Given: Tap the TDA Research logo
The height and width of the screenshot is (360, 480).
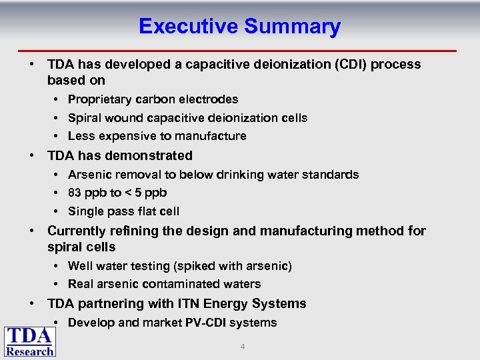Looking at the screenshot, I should (30, 341).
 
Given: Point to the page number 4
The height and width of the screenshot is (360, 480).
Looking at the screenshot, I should (242, 347).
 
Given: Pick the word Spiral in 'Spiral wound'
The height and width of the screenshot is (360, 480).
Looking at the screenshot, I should (84, 118).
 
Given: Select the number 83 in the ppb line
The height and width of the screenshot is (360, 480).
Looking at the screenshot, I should (75, 193).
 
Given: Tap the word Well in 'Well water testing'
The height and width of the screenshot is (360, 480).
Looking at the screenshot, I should (81, 266).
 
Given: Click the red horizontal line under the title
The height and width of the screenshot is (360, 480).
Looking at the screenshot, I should (240, 51).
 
